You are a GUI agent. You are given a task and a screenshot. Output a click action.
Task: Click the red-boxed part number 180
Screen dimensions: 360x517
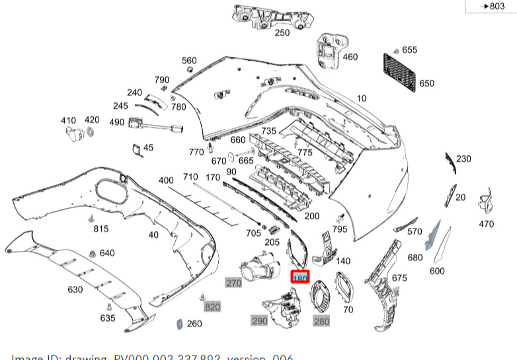[300, 279]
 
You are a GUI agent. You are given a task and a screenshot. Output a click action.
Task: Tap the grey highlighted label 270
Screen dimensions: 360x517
[234, 283]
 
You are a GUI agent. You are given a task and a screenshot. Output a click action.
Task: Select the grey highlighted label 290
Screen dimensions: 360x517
[259, 320]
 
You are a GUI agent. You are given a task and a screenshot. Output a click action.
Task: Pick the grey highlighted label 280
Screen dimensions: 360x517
[321, 321]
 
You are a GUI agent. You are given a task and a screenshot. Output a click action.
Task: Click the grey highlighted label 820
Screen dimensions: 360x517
[212, 307]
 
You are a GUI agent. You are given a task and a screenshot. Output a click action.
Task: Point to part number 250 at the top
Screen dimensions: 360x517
[282, 32]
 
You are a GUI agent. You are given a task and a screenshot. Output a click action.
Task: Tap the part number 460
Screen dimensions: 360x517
[350, 57]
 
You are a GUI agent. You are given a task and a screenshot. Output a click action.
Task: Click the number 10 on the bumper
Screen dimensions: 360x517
[362, 98]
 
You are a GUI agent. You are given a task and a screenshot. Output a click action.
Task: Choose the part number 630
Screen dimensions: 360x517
[75, 289]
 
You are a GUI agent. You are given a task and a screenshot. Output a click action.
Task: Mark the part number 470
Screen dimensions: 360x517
[486, 224]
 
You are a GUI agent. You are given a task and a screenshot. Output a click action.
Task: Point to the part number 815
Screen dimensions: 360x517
[100, 229]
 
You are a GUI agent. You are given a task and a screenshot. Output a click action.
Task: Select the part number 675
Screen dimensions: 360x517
[399, 278]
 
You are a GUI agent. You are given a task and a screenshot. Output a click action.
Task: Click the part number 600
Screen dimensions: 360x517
[438, 271]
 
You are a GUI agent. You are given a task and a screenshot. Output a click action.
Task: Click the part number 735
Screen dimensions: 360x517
[268, 131]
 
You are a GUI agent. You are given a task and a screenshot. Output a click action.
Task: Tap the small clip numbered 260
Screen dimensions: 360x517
[178, 324]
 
